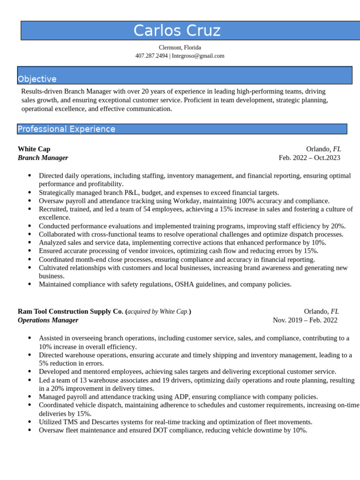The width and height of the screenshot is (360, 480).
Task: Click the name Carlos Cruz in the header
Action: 177,30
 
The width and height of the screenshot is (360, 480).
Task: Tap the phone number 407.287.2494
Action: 151,56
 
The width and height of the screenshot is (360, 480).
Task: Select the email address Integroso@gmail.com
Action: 198,56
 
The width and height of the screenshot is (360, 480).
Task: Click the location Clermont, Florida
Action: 180,47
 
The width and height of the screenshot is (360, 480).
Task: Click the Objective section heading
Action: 37,79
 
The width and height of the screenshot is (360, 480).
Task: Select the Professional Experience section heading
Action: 66,129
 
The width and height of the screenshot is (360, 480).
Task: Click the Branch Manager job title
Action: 43,157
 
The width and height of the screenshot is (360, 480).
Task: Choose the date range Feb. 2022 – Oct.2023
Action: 309,157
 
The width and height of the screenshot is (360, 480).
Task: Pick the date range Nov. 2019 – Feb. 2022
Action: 305,320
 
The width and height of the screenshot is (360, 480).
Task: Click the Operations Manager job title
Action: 48,320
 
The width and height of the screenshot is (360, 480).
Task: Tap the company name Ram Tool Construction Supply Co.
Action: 70,311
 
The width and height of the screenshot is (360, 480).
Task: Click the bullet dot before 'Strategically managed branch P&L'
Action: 30,192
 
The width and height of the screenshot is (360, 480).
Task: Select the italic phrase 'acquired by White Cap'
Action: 157,311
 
